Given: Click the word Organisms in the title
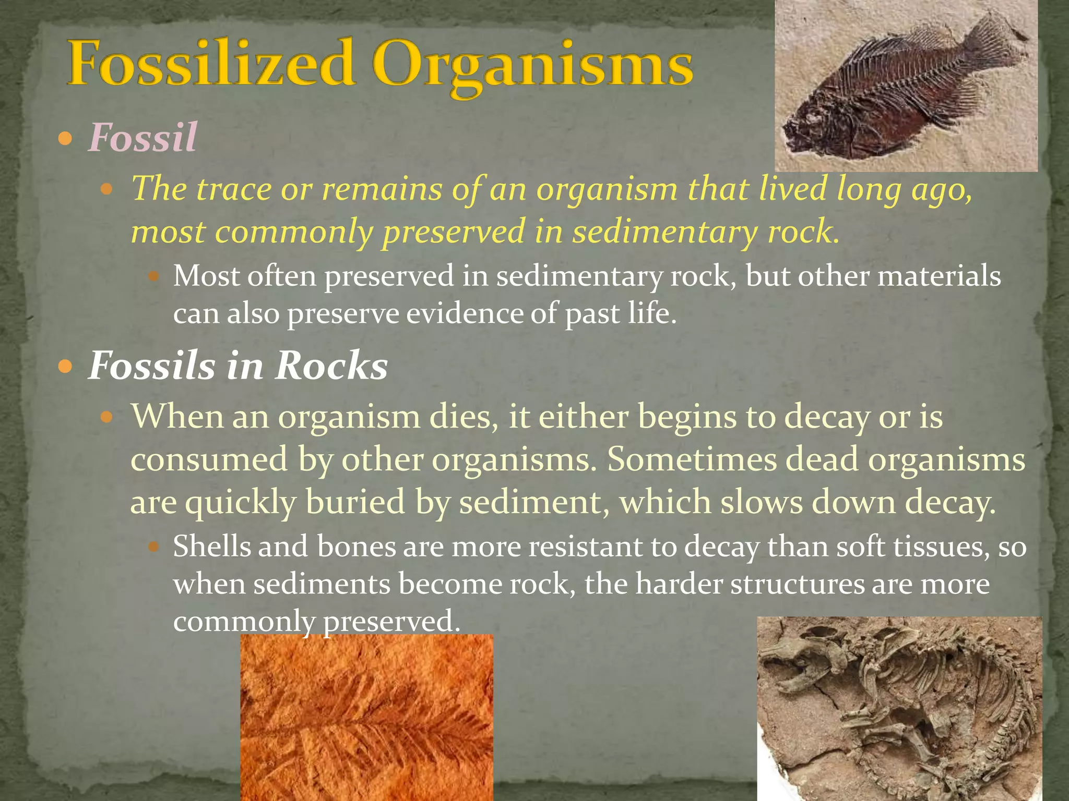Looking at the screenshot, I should (x=532, y=65).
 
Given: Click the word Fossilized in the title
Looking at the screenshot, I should (x=211, y=65).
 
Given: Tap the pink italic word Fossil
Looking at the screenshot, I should (x=142, y=137).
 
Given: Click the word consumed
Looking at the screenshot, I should (x=209, y=459).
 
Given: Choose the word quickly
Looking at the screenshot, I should (x=241, y=503).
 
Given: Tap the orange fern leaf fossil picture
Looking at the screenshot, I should (x=366, y=717).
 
